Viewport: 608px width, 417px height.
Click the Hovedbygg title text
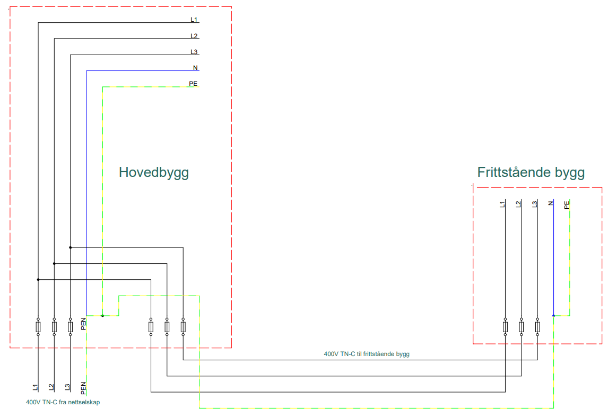click(153, 173)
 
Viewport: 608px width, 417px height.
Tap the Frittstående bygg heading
click(531, 173)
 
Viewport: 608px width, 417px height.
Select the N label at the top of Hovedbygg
click(195, 68)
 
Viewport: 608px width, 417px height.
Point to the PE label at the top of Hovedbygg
click(194, 84)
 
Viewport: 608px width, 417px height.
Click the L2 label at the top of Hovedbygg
click(194, 36)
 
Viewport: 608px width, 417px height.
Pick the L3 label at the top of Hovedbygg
click(194, 52)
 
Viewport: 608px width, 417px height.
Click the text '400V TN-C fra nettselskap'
click(63, 402)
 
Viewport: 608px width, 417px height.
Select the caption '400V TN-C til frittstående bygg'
click(367, 353)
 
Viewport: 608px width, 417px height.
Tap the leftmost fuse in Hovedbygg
click(38, 327)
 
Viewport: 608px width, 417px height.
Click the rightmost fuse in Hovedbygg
click(183, 327)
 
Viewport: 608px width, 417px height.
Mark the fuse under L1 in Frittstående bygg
click(505, 327)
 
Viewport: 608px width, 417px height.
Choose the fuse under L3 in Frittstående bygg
click(537, 327)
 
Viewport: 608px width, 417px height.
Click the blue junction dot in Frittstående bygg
click(553, 316)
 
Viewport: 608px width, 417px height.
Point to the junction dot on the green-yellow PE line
click(102, 316)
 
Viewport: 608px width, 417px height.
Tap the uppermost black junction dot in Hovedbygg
click(70, 247)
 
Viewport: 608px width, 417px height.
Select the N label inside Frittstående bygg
click(551, 203)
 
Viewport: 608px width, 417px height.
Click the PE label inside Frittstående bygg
click(567, 204)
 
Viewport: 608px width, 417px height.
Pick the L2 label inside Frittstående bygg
click(518, 204)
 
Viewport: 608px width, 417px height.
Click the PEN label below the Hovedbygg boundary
click(83, 388)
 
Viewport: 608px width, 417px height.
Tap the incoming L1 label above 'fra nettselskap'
click(35, 388)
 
